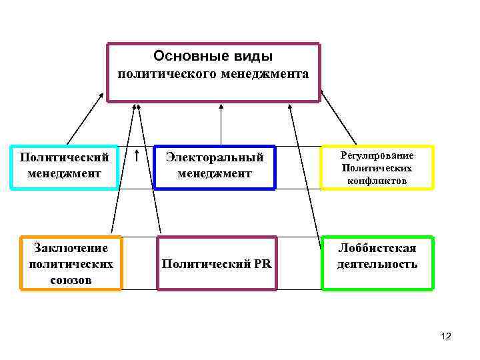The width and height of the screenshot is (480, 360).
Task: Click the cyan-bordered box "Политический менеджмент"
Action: click(65, 167)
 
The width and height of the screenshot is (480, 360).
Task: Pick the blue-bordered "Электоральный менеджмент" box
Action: click(214, 167)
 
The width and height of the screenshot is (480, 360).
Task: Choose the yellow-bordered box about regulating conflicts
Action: click(377, 167)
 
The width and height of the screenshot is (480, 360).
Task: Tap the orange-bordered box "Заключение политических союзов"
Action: click(71, 263)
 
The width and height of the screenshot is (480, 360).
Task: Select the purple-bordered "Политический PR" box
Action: click(217, 263)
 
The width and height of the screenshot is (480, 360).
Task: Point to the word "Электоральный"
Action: click(215, 158)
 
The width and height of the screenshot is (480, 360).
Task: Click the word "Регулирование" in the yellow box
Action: click(377, 155)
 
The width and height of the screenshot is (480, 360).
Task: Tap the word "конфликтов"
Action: click(377, 181)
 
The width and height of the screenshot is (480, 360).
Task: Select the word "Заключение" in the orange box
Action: click(71, 249)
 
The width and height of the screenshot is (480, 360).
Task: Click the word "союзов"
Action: click(71, 279)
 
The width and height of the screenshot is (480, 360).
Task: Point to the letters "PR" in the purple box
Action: click(262, 263)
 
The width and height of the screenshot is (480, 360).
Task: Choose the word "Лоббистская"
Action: click(377, 249)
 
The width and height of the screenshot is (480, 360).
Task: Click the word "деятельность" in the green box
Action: click(377, 264)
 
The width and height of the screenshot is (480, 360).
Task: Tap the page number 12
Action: click(446, 337)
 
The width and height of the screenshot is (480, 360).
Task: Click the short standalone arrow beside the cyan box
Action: click(137, 157)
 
